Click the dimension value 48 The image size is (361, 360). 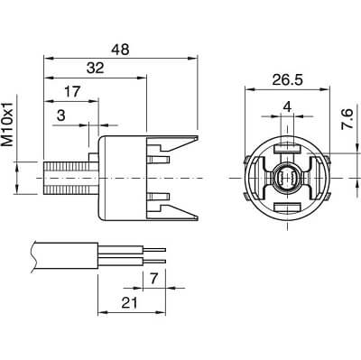(120, 50)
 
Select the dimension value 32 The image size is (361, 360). (96, 68)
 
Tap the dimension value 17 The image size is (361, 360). (72, 92)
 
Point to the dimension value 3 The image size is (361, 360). (61, 115)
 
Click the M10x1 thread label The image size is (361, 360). (7, 124)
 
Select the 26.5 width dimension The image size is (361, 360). (288, 80)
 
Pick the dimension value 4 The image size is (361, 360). (288, 106)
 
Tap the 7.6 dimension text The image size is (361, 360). (347, 119)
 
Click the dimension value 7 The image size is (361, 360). (153, 279)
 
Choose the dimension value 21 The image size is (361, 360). (129, 303)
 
